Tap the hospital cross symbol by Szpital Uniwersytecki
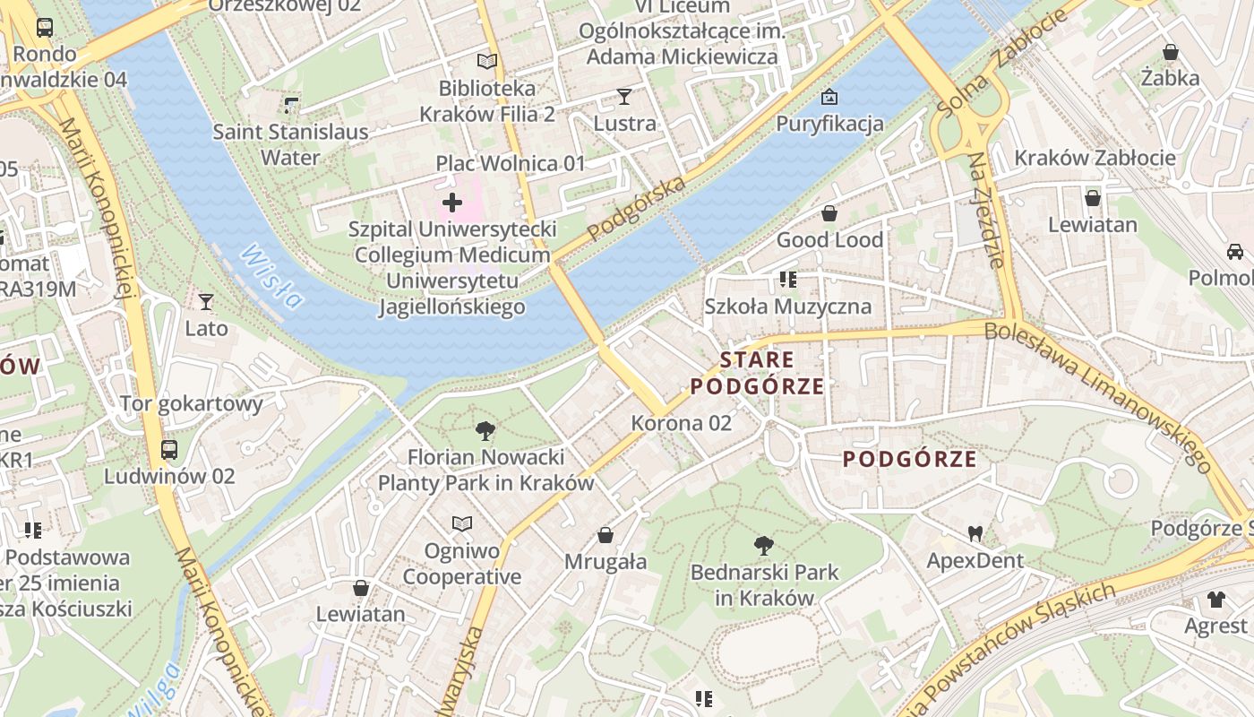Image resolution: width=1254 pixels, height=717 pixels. pos(452,203)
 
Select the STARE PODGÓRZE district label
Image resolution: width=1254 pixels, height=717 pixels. pos(758,373)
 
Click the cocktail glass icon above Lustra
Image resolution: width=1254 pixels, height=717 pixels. pos(624,96)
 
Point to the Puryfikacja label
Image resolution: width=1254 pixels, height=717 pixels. pos(829,124)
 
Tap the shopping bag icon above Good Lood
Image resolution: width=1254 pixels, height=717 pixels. pos(829,213)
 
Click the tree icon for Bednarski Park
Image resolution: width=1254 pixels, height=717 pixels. pos(764,545)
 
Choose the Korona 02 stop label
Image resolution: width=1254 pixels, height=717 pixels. pos(681,423)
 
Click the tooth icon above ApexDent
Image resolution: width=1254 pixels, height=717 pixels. pos(975,534)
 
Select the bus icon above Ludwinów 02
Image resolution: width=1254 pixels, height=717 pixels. pos(169,449)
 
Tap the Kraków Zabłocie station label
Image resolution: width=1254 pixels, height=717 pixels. pos(1095,159)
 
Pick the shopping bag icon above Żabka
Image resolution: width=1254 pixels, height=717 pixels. pos(1170,52)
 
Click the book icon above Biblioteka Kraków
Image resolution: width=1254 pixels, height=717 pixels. pos(486,61)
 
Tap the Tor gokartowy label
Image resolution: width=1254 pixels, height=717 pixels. pos(191,403)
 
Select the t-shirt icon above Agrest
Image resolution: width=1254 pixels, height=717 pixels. pos(1215,599)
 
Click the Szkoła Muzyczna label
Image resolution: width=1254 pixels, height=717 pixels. pos(787,307)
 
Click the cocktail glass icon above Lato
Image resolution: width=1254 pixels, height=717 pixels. pos(206,301)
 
